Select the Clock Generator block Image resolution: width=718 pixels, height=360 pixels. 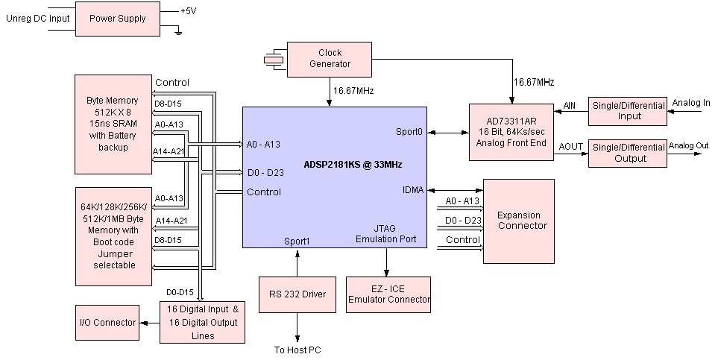pos(330,58)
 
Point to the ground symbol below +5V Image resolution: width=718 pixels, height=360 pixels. pos(177,31)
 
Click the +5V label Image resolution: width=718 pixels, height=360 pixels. pos(189,11)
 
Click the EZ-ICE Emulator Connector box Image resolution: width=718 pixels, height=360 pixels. pos(388,294)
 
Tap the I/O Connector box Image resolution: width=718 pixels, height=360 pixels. pos(107,322)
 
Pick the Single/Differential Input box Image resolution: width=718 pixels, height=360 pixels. pos(629,112)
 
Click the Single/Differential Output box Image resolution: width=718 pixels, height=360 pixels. pos(628,153)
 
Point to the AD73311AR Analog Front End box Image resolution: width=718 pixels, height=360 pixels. pos(511,132)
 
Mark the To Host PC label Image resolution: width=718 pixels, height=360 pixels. pos(297,350)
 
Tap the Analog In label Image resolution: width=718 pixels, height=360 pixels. pos(691,103)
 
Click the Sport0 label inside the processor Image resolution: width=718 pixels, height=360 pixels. pos(409,131)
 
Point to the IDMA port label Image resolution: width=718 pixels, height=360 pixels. pos(412,190)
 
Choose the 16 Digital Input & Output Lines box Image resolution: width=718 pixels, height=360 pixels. pos(202,322)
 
